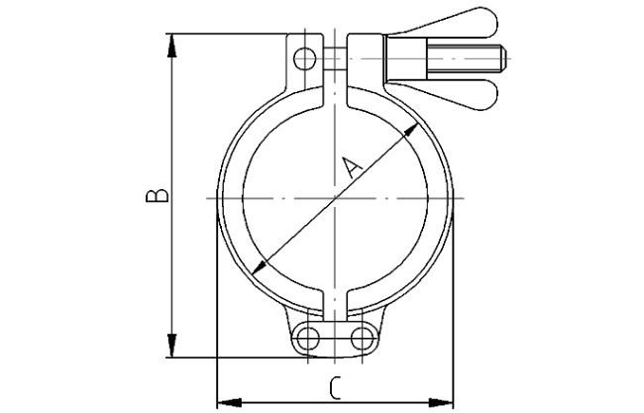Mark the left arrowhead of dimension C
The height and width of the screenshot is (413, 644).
point(223,401)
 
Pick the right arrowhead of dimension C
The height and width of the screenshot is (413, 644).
point(448,401)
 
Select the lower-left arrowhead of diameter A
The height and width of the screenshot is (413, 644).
point(259,265)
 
